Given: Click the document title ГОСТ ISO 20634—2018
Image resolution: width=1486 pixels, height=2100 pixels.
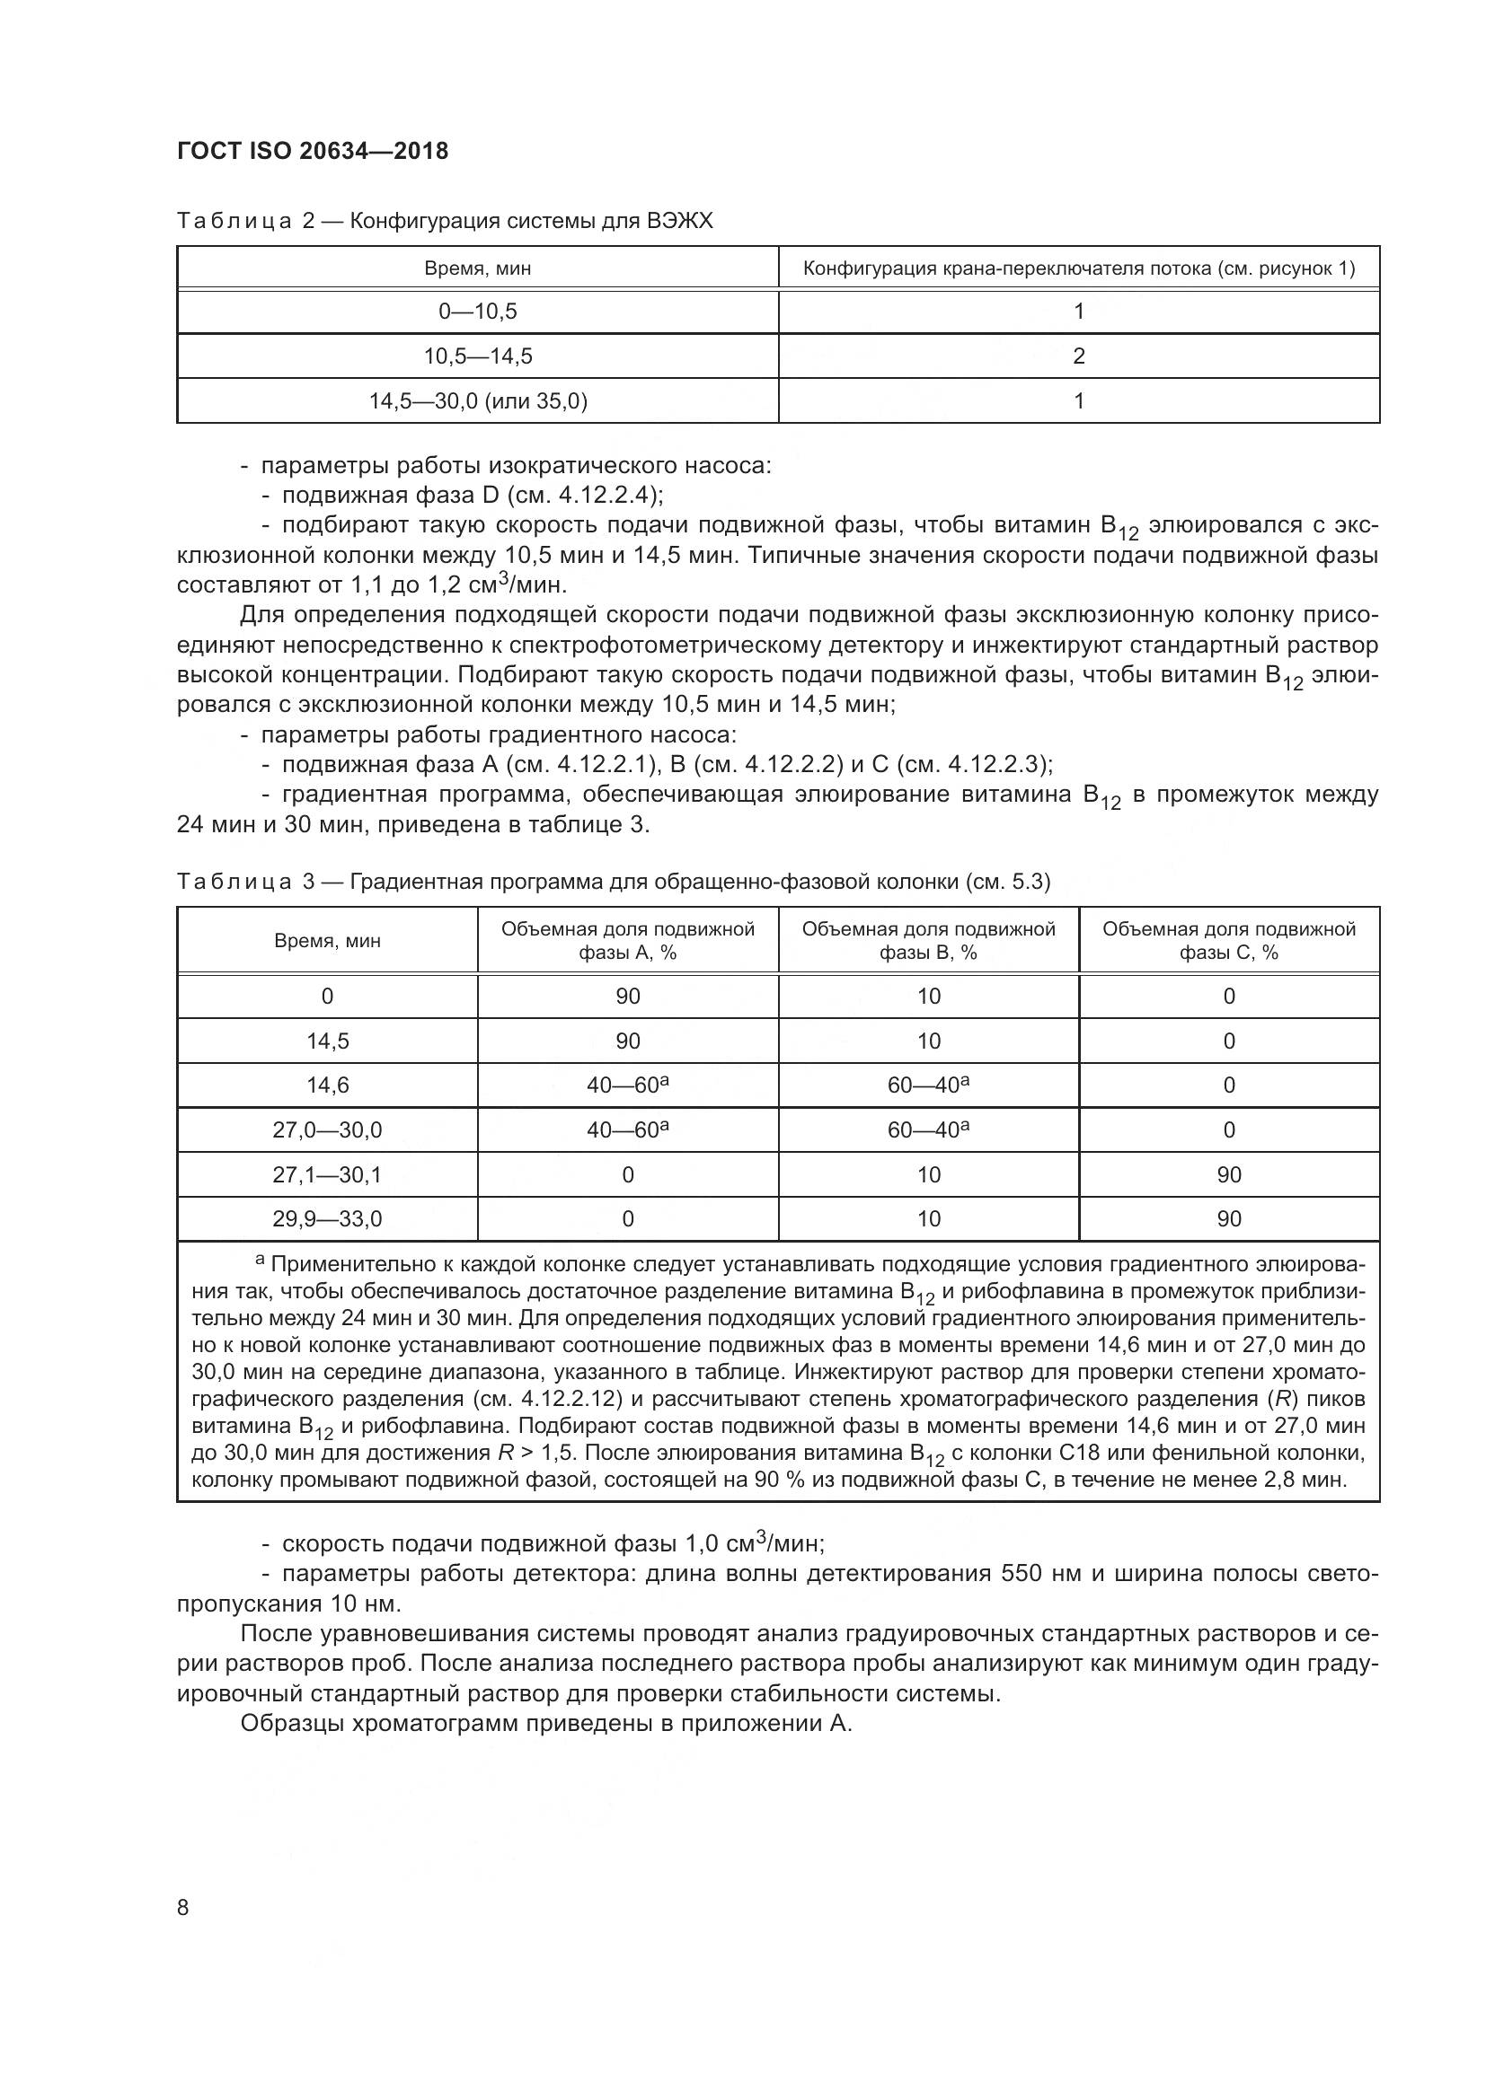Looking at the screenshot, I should pos(312,151).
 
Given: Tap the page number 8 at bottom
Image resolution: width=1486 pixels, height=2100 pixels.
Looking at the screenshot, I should pos(183,1908).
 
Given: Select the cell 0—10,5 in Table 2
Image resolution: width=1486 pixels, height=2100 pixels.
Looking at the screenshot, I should pos(477,312).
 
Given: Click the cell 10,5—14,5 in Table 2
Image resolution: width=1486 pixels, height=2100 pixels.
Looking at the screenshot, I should pos(477,356).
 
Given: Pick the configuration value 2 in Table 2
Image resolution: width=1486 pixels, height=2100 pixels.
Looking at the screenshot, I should pos(1078,356).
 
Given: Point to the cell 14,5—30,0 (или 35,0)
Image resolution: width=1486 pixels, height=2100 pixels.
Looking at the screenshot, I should pos(477,400).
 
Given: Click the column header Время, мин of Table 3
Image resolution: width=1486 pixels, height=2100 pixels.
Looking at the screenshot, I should pos(327,940).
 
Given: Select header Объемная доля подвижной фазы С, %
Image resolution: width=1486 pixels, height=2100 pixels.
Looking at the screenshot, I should pos(1228,940).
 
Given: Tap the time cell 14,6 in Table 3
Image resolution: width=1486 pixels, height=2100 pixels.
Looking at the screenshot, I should pos(327,1085).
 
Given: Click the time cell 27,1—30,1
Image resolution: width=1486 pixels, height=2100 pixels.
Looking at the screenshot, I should pos(327,1174).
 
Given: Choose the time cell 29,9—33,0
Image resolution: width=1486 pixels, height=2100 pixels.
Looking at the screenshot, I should pos(327,1218).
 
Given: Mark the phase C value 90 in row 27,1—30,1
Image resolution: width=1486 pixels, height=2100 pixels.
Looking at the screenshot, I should pos(1228,1174).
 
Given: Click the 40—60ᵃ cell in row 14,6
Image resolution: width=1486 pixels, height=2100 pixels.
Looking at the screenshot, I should pos(628,1085).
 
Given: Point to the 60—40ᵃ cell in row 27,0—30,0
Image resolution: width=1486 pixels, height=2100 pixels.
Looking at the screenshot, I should pos(928,1130).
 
